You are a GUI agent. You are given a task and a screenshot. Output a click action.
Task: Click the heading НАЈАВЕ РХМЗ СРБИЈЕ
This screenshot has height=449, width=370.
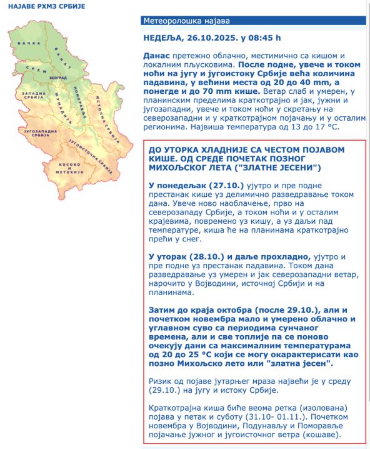pos(43,6)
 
